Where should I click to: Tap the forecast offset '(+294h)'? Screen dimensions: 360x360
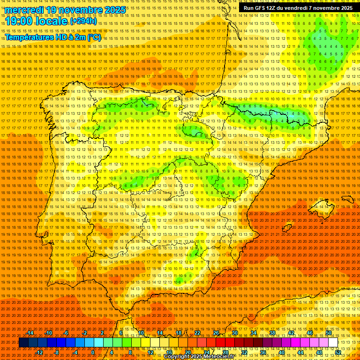click(84, 21)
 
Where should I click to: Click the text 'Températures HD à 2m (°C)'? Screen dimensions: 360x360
click(53, 37)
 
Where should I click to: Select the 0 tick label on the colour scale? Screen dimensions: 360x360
click(93, 352)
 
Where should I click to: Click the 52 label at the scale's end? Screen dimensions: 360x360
click(338, 352)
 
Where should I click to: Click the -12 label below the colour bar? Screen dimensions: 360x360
click(39, 352)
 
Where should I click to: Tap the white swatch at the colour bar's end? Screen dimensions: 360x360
click(333, 343)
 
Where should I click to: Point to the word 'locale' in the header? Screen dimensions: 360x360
click(52, 21)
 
